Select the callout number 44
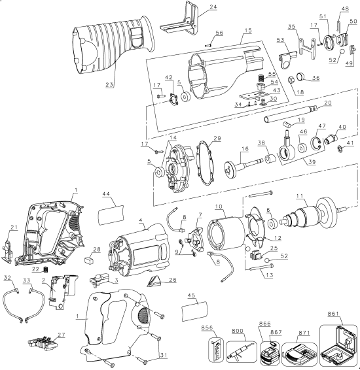(x=106, y=193)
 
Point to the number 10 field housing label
(x=219, y=207)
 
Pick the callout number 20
(x=327, y=103)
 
